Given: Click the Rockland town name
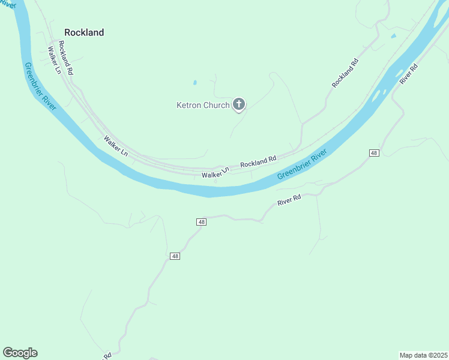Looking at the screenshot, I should [84, 32].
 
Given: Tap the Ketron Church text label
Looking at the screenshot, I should [203, 105].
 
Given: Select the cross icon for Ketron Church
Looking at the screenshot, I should [239, 105].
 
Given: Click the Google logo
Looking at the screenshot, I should [20, 353].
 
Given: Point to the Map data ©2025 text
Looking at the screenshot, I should [423, 355].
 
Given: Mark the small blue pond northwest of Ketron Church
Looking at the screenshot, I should [194, 82].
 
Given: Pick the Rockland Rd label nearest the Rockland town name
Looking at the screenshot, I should [67, 58].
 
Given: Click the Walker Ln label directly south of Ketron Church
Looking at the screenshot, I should [215, 173].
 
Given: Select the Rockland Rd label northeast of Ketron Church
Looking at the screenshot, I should [345, 73].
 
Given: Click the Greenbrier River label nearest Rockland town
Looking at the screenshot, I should [40, 86].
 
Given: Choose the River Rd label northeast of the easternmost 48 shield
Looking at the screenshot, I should [408, 74].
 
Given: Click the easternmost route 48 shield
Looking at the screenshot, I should [374, 154].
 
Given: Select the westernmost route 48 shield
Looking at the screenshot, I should [175, 256].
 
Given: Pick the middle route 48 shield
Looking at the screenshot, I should [201, 222].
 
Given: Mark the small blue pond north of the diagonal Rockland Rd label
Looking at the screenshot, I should [393, 37].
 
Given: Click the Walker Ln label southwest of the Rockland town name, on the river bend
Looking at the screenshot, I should [116, 146].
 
